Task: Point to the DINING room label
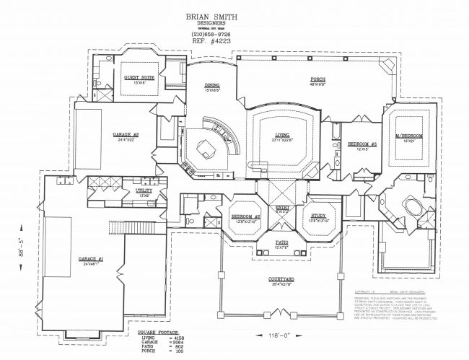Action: coord(211,85)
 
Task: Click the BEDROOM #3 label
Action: coord(359,144)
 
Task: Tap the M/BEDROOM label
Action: coord(408,136)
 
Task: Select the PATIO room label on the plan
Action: coord(281,242)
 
